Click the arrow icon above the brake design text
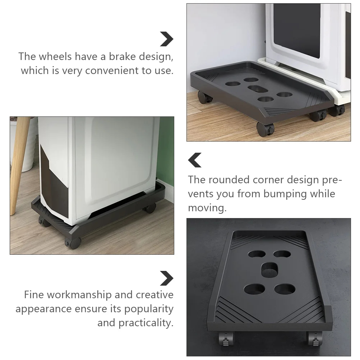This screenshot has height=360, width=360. click(166, 39)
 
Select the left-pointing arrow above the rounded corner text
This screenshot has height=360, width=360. click(195, 160)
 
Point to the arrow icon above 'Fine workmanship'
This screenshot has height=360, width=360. click(166, 278)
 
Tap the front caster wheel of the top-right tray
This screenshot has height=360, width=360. click(265, 128)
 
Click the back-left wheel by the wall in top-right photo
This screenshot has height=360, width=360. click(204, 97)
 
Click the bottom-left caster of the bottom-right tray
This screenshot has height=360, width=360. click(225, 339)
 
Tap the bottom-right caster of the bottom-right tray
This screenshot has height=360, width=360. click(314, 338)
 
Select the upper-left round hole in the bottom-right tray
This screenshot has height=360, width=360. click(257, 254)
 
